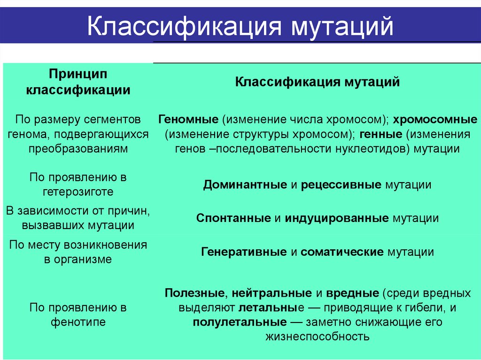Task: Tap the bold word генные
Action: coord(381,134)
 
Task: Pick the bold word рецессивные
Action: coord(341,184)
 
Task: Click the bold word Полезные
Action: coord(194,293)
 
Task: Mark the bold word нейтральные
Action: coord(272,293)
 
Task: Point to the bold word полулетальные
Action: coord(240,322)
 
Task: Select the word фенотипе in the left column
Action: coord(78,322)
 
